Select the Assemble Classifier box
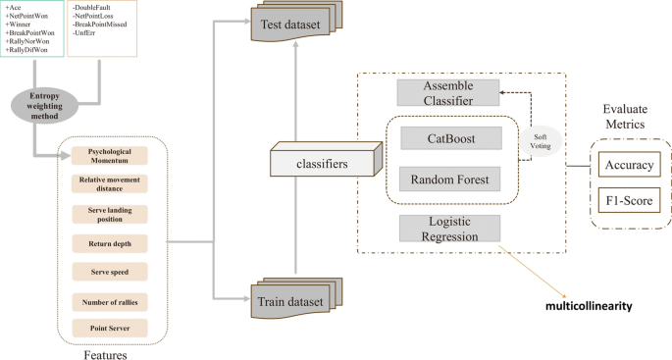[x=447, y=94]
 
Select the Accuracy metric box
[x=628, y=164]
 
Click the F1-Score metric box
[x=628, y=202]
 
